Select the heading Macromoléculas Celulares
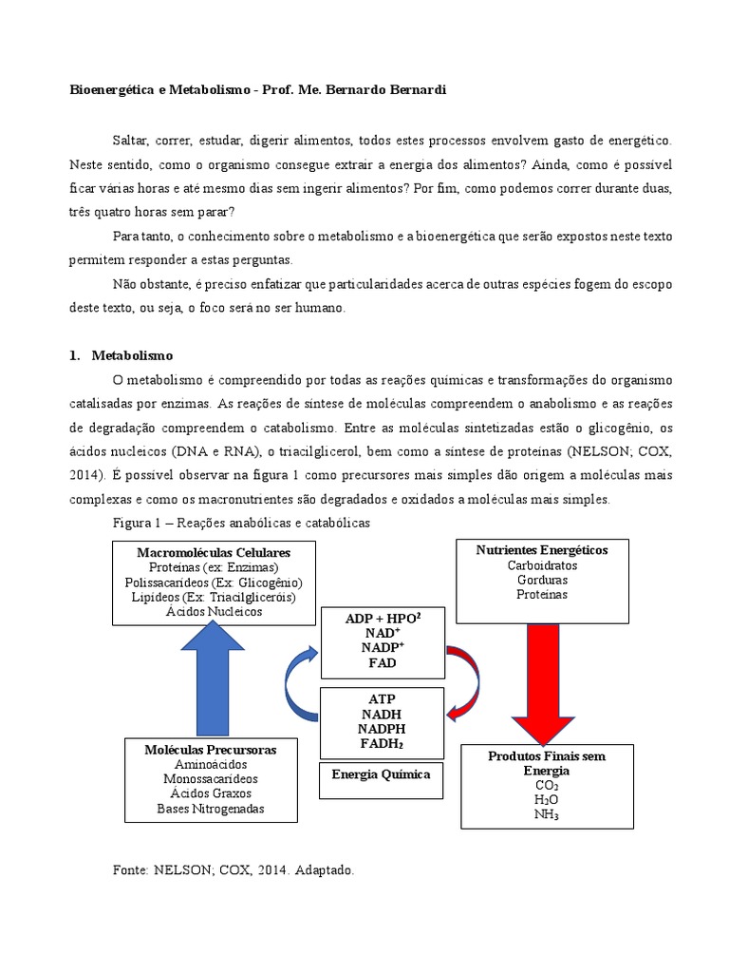coord(213,552)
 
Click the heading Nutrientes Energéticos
coord(542,550)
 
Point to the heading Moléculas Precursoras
coord(211,750)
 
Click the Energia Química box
coord(381,774)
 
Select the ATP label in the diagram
coord(381,698)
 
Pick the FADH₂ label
coord(381,743)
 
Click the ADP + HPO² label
coord(382,619)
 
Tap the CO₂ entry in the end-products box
coord(546,786)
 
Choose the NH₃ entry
coord(546,814)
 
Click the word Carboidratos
coord(542,565)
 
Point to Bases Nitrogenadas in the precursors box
coord(211,810)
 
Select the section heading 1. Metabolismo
coord(121,356)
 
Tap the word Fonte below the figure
coord(131,869)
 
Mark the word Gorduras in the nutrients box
coord(542,580)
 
